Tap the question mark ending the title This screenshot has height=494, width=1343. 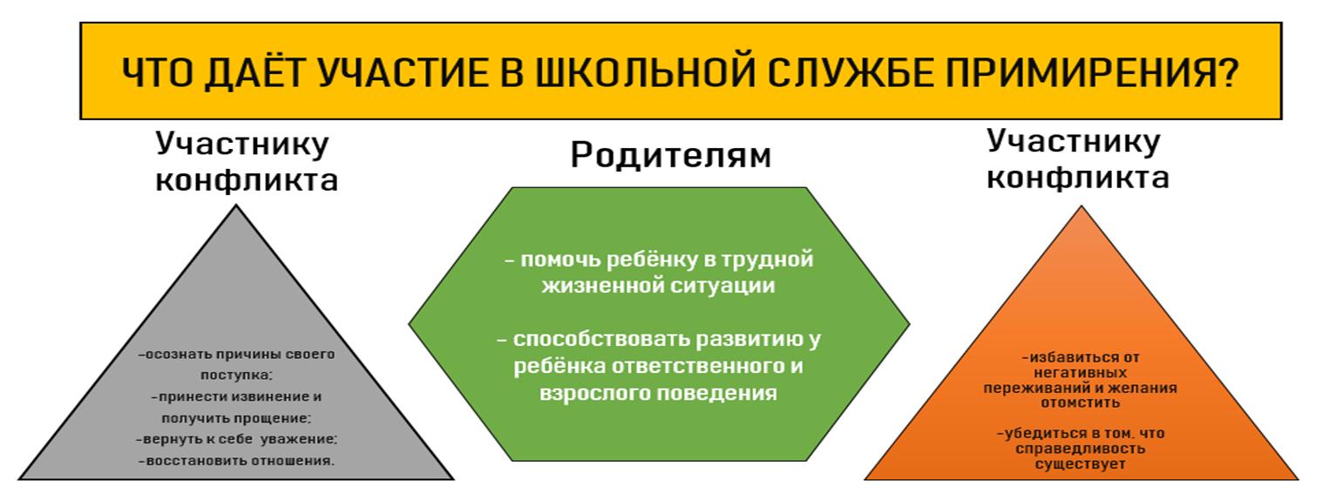tap(1228, 72)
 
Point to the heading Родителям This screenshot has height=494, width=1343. tap(671, 155)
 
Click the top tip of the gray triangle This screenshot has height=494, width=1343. tap(236, 206)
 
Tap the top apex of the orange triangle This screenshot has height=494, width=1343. tap(1081, 206)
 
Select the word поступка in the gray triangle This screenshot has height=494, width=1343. tap(235, 376)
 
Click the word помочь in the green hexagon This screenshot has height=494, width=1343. tap(560, 259)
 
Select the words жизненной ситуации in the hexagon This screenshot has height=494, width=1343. tap(658, 285)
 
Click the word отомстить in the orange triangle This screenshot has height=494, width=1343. tap(1081, 403)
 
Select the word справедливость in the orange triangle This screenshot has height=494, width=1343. tap(1081, 449)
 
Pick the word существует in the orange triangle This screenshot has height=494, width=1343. tap(1081, 464)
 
